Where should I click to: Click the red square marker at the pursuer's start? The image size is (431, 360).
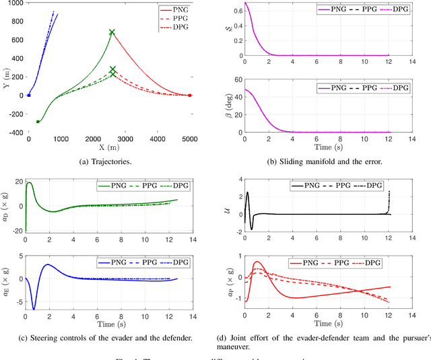[190, 96]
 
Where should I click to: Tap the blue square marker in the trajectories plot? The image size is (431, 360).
[28, 96]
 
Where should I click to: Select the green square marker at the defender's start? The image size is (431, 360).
[38, 122]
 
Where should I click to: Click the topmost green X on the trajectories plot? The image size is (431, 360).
[112, 32]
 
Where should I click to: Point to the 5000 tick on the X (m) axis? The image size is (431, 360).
[190, 138]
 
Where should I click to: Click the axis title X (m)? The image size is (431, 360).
[108, 147]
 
